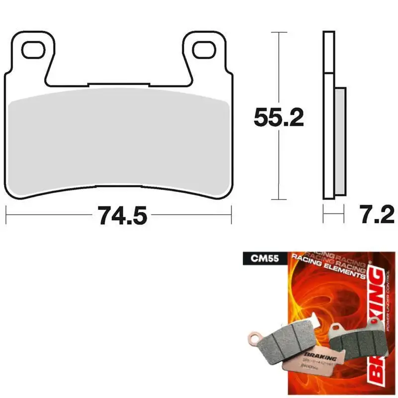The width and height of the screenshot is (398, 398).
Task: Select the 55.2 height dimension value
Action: click(279, 117)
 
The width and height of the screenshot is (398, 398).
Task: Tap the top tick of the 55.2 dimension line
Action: click(279, 32)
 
